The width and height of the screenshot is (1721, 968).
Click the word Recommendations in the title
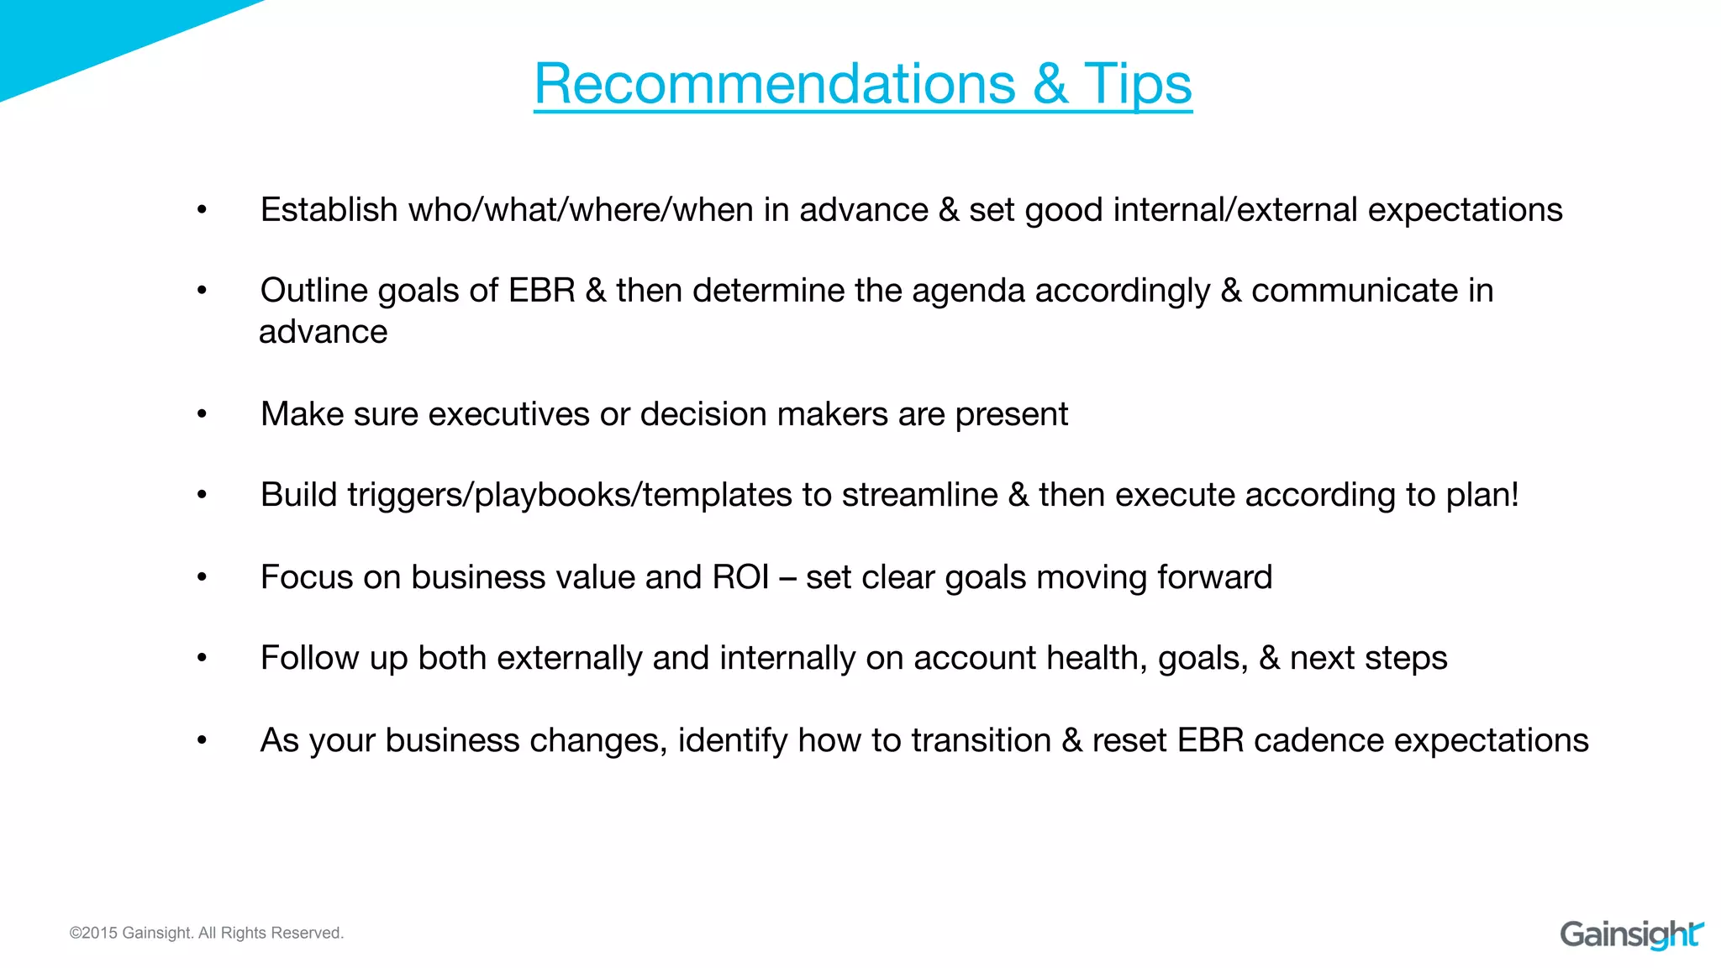click(x=775, y=84)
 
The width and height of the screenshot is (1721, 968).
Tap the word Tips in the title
click(x=1138, y=84)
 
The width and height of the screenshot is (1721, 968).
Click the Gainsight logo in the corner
click(x=1631, y=934)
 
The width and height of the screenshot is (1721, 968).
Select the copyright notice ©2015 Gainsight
click(x=207, y=933)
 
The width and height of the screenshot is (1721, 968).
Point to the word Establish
click(x=329, y=210)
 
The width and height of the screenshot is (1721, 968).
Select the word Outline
click(x=313, y=291)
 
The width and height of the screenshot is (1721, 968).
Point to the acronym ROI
click(x=740, y=577)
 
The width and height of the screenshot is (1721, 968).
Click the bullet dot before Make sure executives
click(x=202, y=414)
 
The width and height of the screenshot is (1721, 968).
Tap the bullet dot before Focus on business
click(x=202, y=577)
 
